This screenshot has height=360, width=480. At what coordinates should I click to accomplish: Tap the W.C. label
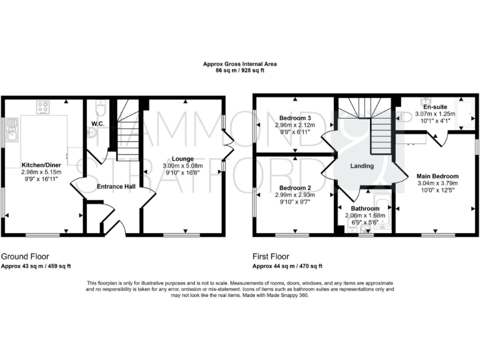[x=97, y=122]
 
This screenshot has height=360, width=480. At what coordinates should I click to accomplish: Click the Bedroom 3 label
[x=296, y=118]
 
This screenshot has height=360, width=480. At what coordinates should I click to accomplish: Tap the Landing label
[x=361, y=166]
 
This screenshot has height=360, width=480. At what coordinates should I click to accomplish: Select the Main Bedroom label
[x=437, y=176]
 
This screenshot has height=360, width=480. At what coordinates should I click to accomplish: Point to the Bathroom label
[x=365, y=209]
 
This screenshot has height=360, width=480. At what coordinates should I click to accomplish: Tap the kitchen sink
[x=11, y=131]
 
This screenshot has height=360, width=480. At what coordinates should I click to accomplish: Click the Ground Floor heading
[x=25, y=256]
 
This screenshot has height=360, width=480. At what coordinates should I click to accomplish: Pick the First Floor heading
[x=271, y=256]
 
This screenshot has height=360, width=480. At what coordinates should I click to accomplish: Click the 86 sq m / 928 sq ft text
[x=240, y=71]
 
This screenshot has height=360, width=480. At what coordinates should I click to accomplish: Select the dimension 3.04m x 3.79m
[x=437, y=183]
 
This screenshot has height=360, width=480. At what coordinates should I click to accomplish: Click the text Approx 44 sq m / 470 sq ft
[x=287, y=266]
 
